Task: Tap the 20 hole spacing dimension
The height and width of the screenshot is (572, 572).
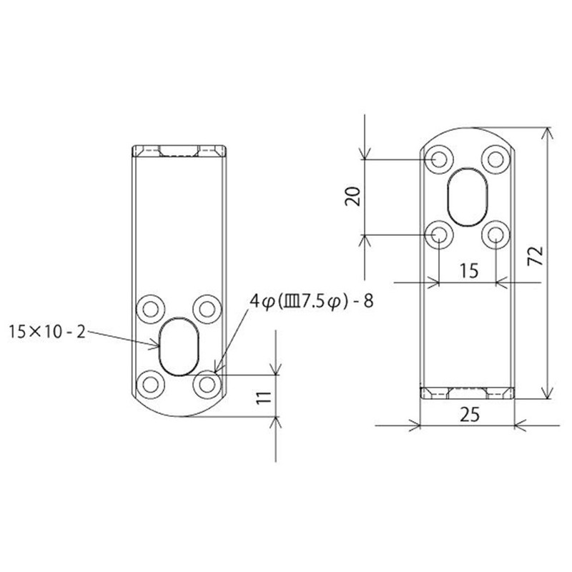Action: pos(352,195)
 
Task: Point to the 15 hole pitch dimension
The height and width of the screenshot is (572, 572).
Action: pos(468,270)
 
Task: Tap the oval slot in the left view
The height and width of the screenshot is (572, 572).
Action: pos(179,345)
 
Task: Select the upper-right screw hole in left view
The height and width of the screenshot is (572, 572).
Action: pos(207,308)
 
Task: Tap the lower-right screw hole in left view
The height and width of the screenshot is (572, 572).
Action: pos(207,384)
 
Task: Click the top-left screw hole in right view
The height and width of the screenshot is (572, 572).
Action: pos(438,159)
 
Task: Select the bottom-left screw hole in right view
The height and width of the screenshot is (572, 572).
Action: pos(438,234)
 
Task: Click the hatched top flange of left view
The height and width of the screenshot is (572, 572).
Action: pos(179,151)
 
